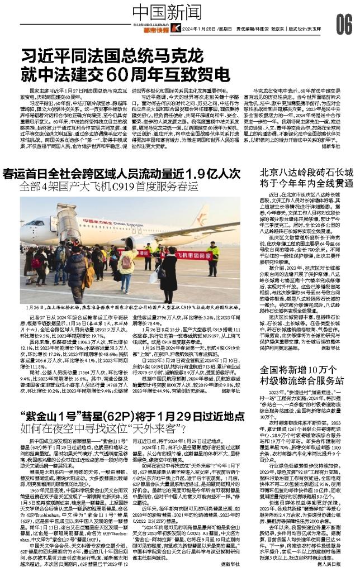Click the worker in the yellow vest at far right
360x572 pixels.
pos(213,258)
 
